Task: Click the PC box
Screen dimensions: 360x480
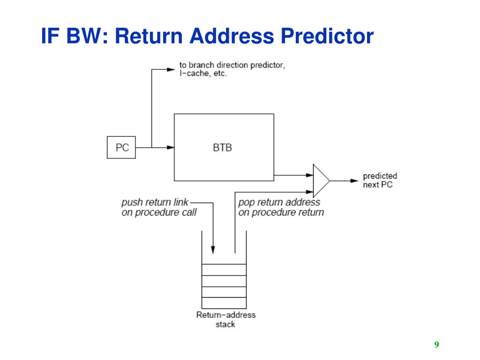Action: click(121, 147)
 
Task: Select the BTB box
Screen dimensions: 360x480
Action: click(224, 147)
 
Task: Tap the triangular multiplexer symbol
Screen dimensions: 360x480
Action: click(321, 180)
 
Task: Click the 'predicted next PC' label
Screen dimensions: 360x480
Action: click(380, 180)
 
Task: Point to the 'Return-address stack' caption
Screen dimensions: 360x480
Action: click(225, 319)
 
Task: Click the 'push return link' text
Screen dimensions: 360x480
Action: click(155, 202)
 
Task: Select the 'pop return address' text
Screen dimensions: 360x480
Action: click(279, 202)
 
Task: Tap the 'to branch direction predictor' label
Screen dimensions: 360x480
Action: click(232, 65)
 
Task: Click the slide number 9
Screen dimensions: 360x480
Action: click(436, 345)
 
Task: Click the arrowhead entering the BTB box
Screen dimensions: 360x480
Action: click(171, 147)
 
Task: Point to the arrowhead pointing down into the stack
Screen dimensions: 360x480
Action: click(213, 250)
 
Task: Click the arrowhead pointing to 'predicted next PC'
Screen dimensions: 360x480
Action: click(355, 180)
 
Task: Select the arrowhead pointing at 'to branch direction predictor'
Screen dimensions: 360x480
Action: click(171, 69)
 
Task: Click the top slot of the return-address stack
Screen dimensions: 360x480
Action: click(224, 270)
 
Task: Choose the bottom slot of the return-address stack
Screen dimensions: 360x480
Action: click(224, 303)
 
